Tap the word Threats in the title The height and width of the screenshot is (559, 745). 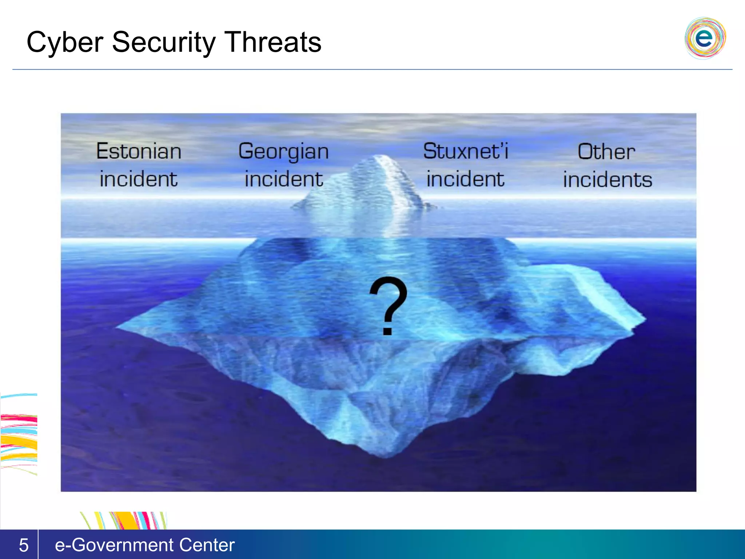(272, 42)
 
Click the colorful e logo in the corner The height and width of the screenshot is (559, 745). (705, 38)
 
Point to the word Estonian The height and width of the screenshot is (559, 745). (139, 151)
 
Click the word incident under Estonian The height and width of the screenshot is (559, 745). (139, 179)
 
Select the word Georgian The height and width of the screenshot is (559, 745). (283, 151)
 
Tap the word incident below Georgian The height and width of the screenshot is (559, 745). (283, 179)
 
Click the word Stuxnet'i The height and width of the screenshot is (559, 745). (465, 151)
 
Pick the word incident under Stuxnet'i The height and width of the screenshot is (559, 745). (465, 179)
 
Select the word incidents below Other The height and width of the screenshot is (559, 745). (607, 180)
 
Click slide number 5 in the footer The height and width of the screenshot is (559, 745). (24, 545)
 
